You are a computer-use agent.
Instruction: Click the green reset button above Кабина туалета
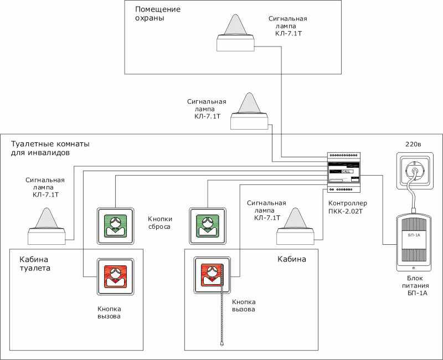[x=115, y=225]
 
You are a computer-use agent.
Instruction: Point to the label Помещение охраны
[x=158, y=14]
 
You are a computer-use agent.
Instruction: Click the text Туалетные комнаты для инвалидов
[x=50, y=148]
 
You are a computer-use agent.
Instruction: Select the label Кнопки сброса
[x=159, y=223]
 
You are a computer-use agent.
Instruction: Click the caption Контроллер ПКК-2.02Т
[x=348, y=207]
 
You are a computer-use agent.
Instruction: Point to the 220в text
[x=414, y=145]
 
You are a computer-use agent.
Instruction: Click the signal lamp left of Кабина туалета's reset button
[x=47, y=227]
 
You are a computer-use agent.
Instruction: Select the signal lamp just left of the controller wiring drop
[x=295, y=227]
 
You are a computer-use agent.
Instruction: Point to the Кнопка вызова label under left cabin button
[x=109, y=312]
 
